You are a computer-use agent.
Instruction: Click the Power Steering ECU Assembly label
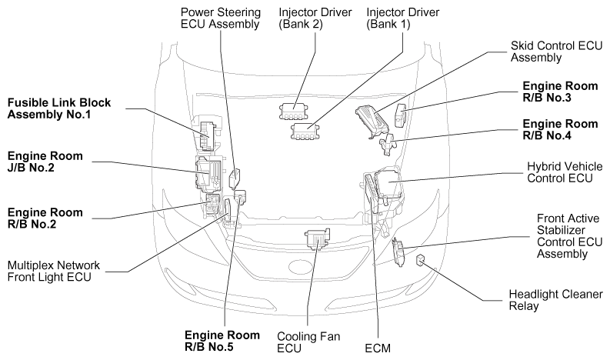[x=218, y=18]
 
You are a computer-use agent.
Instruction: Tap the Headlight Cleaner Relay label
[x=547, y=299]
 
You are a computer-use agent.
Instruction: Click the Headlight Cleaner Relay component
[x=422, y=261]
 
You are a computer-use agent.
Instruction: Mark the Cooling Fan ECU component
[x=317, y=239]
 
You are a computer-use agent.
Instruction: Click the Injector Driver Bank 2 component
[x=293, y=112]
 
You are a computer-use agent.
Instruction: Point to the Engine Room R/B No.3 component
[x=400, y=115]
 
